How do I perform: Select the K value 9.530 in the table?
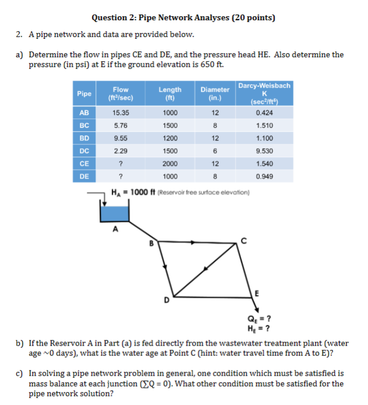click(264, 151)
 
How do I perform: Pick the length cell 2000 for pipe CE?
click(170, 164)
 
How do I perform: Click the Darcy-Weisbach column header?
click(264, 93)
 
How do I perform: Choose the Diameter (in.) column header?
click(215, 93)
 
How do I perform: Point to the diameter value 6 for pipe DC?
click(215, 151)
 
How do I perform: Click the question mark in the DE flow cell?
click(120, 176)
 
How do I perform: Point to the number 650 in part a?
click(204, 64)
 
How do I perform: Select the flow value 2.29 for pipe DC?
click(120, 151)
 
